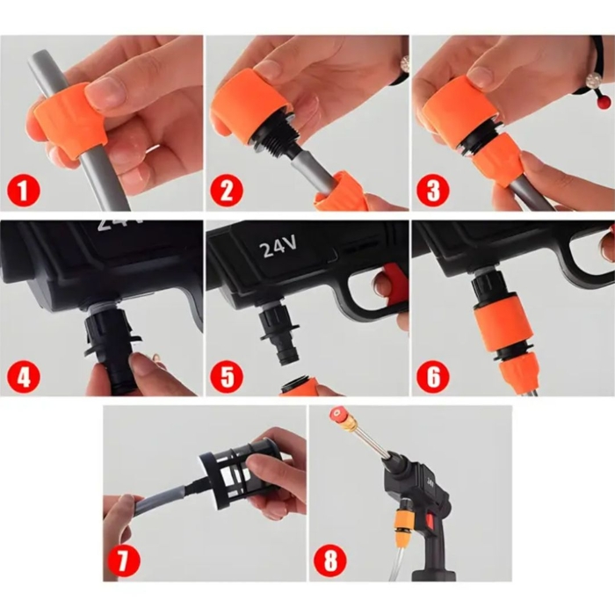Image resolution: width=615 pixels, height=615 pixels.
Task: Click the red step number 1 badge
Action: (24, 191)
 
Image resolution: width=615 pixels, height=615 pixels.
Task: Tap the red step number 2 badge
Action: (227, 191)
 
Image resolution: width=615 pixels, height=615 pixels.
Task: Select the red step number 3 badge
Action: (433, 191)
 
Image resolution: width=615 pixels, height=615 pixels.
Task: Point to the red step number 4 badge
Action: (24, 377)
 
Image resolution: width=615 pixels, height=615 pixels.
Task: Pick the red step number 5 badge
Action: (227, 377)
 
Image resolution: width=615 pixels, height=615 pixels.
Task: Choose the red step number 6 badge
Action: (433, 377)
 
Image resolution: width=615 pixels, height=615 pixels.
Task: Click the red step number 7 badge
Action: (123, 560)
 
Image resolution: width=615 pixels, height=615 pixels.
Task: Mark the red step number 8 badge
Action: (329, 560)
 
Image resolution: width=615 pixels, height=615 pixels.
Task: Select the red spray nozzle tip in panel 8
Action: (336, 414)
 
